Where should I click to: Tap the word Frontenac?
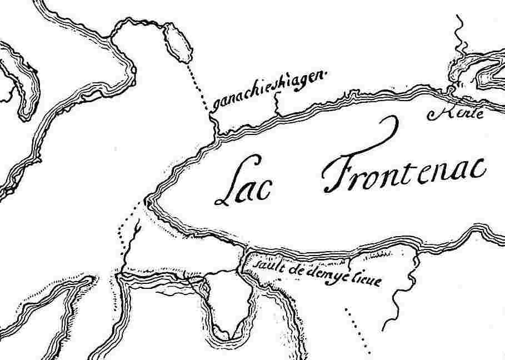coord(406,167)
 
